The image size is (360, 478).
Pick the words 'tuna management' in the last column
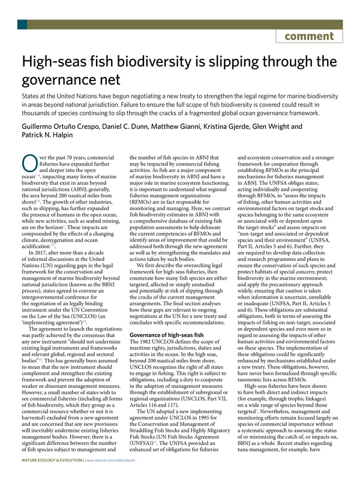272,450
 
